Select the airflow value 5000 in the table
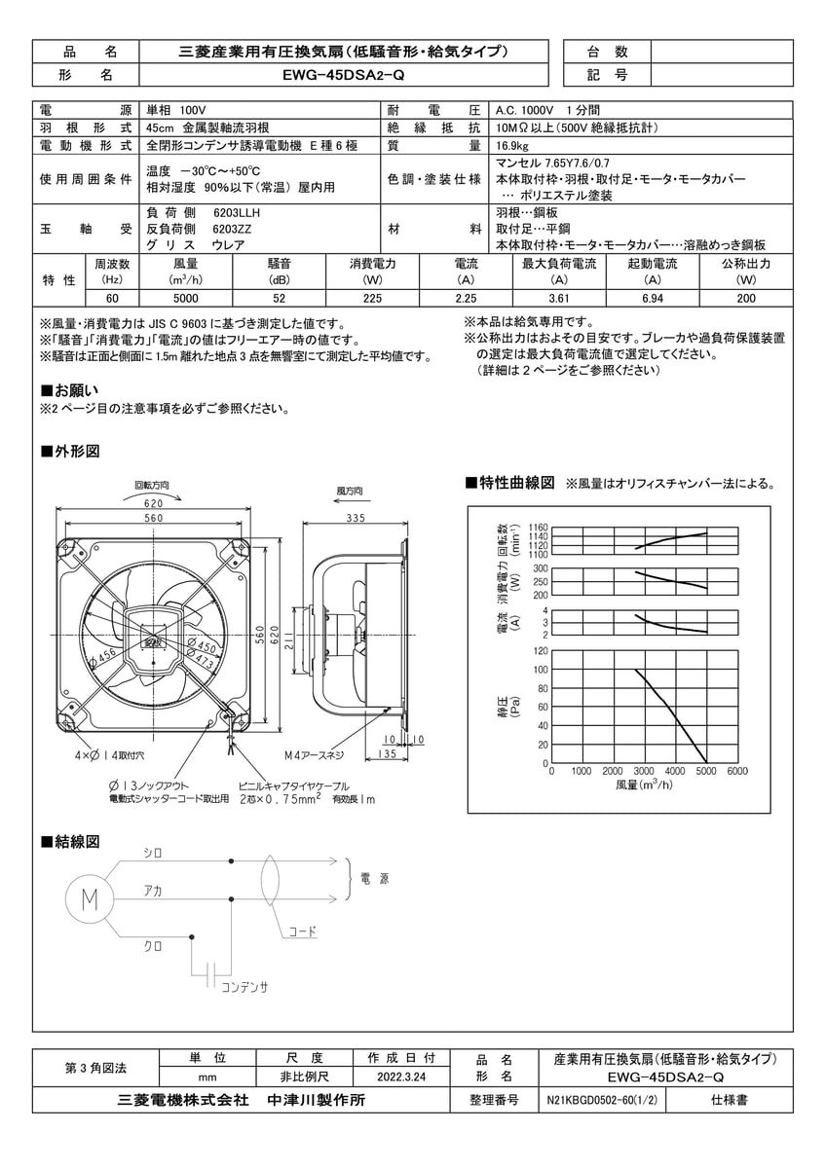coord(186,299)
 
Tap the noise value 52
coord(280,299)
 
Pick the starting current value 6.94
coord(653,299)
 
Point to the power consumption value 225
coord(372,299)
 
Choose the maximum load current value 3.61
coord(559,299)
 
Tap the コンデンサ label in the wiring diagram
coord(244,986)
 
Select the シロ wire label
coord(153,853)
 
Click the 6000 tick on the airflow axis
coord(736,771)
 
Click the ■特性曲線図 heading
coord(511,483)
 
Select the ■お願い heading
coord(71,389)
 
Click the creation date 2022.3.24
coord(401,1077)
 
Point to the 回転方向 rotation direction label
coord(152,485)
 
